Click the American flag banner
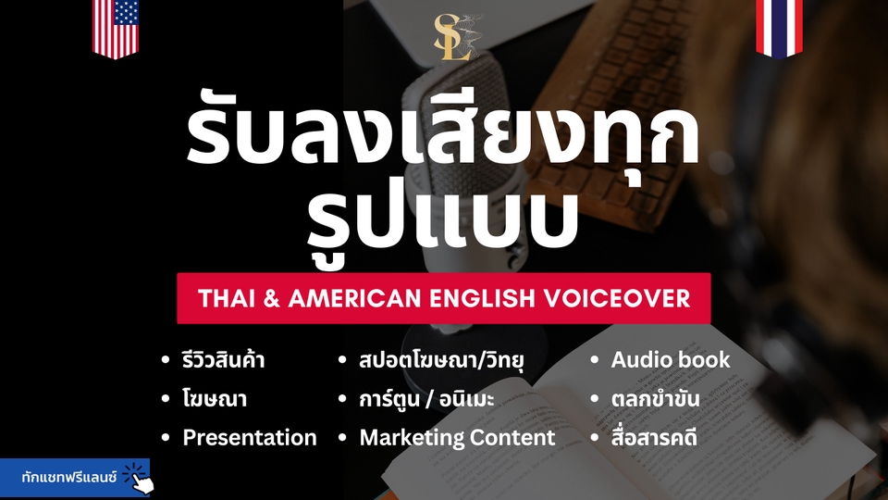coord(116,29)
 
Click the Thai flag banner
coord(779,29)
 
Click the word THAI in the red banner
coord(223,298)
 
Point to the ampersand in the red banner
coord(271,298)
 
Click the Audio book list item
coord(671,359)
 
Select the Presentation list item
coord(249,438)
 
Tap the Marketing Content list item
coord(457,438)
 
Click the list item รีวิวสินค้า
coord(223,359)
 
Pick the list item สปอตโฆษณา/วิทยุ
coord(441,359)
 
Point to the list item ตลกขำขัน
coord(655,398)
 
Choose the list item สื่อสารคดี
coord(654,438)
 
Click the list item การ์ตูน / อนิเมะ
coord(426,398)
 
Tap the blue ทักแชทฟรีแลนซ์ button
coord(75,478)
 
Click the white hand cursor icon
coord(142,481)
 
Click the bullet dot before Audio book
coord(594,360)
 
